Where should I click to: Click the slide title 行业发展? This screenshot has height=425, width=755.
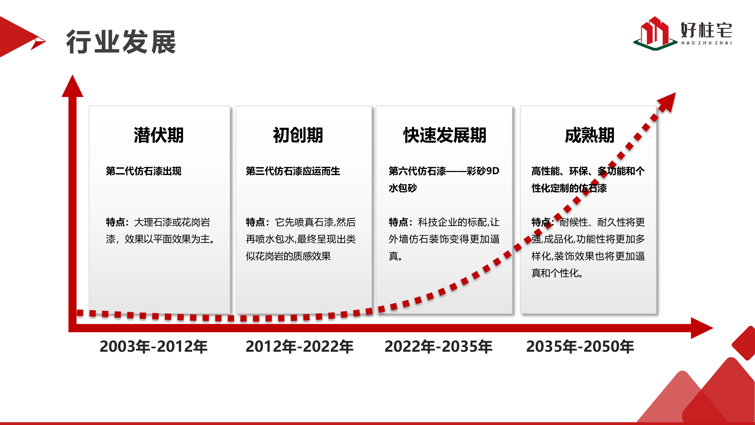pyautogui.click(x=121, y=42)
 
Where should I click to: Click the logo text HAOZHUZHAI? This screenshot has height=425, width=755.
pyautogui.click(x=706, y=43)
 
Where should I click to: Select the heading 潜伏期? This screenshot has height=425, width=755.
pyautogui.click(x=159, y=135)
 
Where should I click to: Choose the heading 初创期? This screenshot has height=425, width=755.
pyautogui.click(x=298, y=135)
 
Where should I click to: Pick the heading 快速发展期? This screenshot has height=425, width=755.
pyautogui.click(x=445, y=135)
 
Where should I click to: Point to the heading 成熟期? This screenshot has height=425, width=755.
pyautogui.click(x=589, y=135)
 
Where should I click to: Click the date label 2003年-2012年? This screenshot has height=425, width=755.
pyautogui.click(x=154, y=346)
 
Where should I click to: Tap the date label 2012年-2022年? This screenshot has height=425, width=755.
pyautogui.click(x=299, y=346)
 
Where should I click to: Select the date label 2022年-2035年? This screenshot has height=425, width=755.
pyautogui.click(x=438, y=346)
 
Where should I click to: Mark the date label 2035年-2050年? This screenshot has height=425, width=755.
pyautogui.click(x=580, y=346)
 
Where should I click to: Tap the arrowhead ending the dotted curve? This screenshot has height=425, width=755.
pyautogui.click(x=668, y=101)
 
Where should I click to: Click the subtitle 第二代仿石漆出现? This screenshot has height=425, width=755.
pyautogui.click(x=144, y=171)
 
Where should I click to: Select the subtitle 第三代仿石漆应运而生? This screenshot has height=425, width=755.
pyautogui.click(x=293, y=171)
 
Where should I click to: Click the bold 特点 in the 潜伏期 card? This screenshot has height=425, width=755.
pyautogui.click(x=115, y=222)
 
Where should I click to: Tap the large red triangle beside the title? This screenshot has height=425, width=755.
pyautogui.click(x=15, y=37)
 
